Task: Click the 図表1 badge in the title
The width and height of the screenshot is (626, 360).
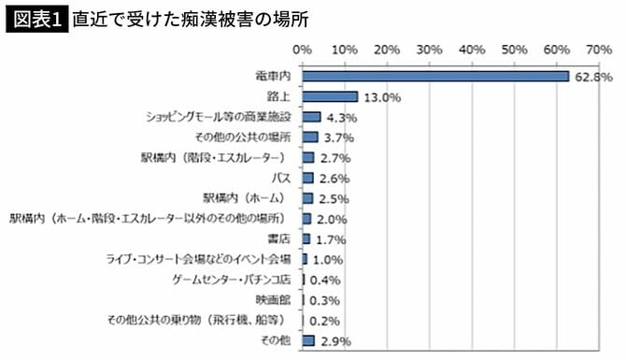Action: click(x=36, y=18)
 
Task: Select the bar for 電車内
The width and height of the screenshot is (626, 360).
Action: click(x=435, y=76)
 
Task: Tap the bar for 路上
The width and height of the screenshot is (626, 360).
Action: click(x=330, y=96)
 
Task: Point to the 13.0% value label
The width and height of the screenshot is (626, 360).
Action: click(x=382, y=96)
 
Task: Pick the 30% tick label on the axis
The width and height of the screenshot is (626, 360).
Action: click(x=429, y=47)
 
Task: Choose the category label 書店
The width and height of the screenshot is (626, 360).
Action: click(x=281, y=238)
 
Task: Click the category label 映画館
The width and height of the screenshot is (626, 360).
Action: click(x=275, y=299)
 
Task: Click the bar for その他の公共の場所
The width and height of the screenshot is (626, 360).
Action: click(x=309, y=137)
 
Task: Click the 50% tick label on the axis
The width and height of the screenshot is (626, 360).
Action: click(x=513, y=47)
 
